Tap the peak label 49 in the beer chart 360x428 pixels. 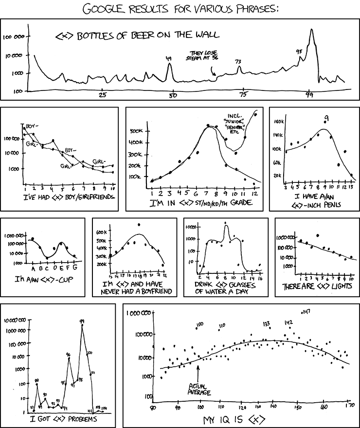point(169,59)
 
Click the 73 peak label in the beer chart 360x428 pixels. point(238,62)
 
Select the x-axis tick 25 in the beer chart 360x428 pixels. point(102,95)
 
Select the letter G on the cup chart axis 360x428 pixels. point(75,268)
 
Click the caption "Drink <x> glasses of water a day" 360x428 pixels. point(224,287)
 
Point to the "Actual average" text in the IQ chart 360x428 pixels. point(199,389)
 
